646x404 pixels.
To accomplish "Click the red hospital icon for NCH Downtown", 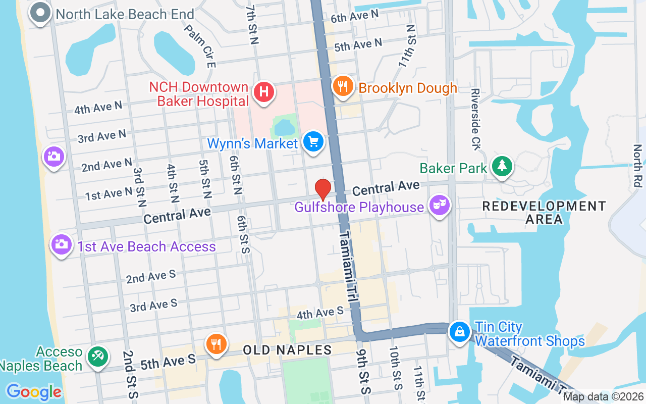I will [x=263, y=92].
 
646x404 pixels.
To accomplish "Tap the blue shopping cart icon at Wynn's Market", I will [x=313, y=142].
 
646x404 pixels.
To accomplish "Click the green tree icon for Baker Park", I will [x=502, y=166].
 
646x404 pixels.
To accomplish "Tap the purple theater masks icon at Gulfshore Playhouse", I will [x=439, y=205].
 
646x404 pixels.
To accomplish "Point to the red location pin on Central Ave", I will [x=323, y=190].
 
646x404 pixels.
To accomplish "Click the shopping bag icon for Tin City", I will [x=460, y=332].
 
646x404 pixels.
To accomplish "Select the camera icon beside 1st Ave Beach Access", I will [x=62, y=245].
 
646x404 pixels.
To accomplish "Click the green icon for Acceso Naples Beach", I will [x=96, y=356].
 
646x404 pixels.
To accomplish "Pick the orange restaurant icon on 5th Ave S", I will [x=217, y=344].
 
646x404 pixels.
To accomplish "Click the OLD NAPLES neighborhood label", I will [x=287, y=349].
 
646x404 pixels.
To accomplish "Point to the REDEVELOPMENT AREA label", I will [x=544, y=213].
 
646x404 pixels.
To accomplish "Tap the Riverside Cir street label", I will [x=475, y=119].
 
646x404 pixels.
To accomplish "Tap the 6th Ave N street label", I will [x=354, y=16].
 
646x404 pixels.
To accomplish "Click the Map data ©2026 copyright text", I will [x=603, y=397].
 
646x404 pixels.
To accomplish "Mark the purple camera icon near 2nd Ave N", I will [x=53, y=157].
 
